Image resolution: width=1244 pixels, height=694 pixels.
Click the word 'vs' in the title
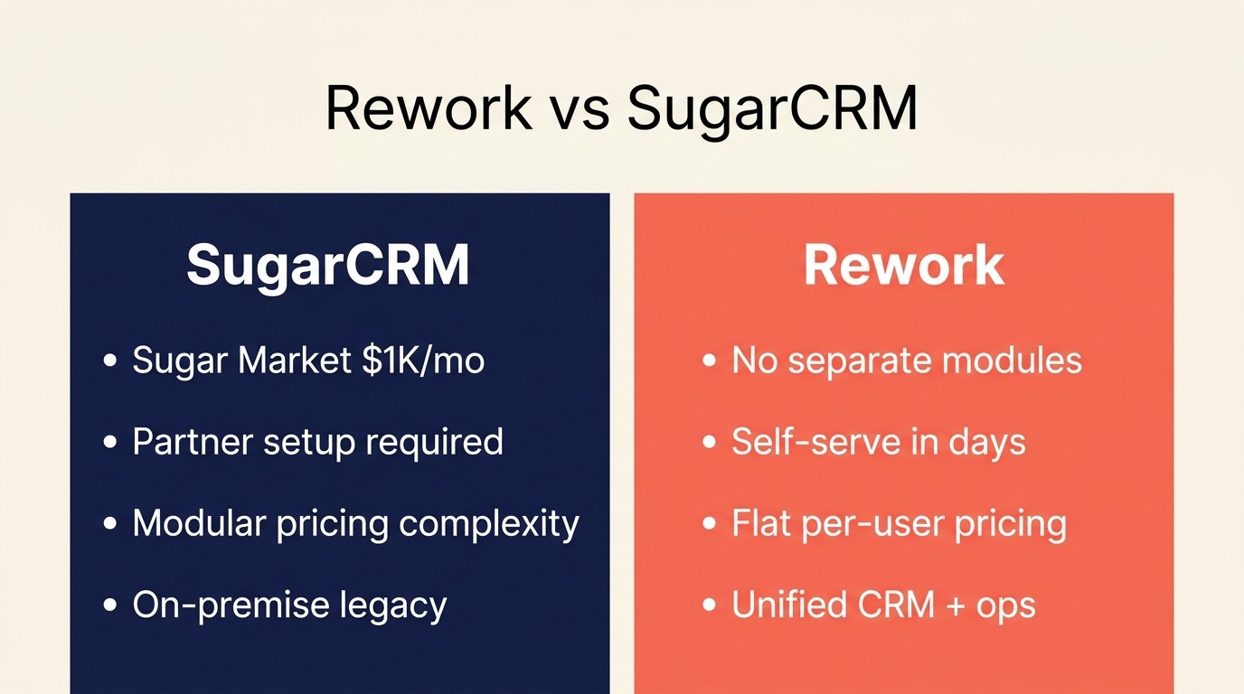pos(579,109)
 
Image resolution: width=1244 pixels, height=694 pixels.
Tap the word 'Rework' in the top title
pos(429,109)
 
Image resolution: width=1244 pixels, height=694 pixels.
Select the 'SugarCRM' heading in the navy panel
pos(328,265)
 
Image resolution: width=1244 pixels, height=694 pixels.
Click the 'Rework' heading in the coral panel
pos(903,265)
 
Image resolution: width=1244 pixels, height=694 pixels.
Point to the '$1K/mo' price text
pos(423,361)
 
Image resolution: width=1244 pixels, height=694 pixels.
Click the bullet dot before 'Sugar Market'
pos(111,361)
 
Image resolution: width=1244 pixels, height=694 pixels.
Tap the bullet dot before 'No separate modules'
pos(710,361)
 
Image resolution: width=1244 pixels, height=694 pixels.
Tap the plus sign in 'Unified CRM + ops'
pos(956,605)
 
